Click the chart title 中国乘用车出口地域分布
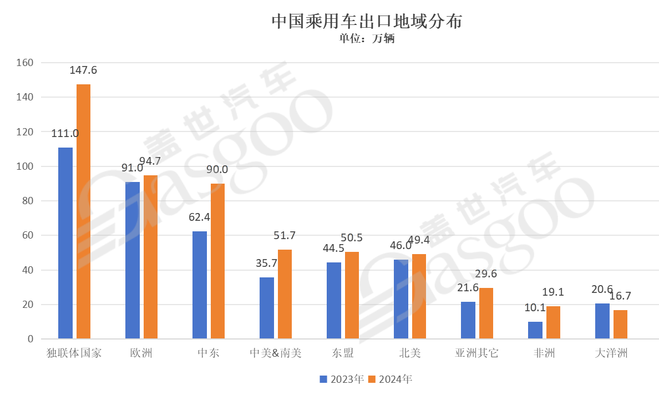click(367, 22)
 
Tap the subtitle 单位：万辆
click(367, 39)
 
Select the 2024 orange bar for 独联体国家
click(84, 211)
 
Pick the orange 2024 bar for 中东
click(218, 261)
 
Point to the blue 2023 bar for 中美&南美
click(267, 308)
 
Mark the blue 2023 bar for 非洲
click(535, 330)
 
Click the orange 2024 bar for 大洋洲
click(620, 324)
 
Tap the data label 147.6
click(84, 70)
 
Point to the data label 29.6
click(486, 274)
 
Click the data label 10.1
click(535, 308)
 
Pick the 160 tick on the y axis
click(26, 63)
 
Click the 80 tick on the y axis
click(28, 201)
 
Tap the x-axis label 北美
click(410, 353)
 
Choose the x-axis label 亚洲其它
click(477, 353)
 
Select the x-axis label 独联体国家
click(74, 353)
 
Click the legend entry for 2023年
click(342, 379)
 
